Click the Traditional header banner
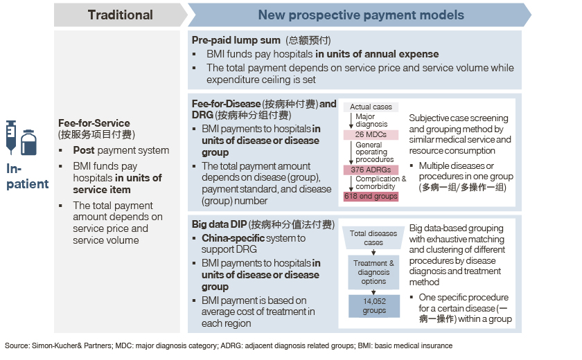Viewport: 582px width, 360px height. pos(121,15)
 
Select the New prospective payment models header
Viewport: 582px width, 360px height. pos(360,15)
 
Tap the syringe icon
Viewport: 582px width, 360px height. pos(11,137)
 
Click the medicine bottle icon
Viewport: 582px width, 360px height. pos(28,143)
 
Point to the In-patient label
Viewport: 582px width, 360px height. pos(27,176)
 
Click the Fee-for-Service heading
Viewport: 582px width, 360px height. pos(94,123)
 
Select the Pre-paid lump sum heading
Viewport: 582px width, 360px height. pos(236,40)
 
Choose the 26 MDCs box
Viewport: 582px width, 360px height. pos(371,134)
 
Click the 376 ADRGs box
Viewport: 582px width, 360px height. pos(371,170)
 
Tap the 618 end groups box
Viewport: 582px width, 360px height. pos(371,196)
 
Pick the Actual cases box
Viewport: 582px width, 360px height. pos(371,107)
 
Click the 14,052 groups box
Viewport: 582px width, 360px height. pos(374,306)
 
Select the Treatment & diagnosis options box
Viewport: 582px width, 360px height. pos(373,272)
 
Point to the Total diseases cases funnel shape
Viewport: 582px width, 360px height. pos(373,237)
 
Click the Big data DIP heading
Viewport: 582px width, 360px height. pos(219,224)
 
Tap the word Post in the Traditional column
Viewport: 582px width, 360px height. pos(84,150)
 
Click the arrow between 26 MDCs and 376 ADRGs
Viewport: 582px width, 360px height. pos(351,152)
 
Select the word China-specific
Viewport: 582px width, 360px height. pos(233,238)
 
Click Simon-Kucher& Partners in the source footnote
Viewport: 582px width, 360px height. pos(71,345)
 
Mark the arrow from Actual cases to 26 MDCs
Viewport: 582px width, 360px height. pos(351,121)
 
